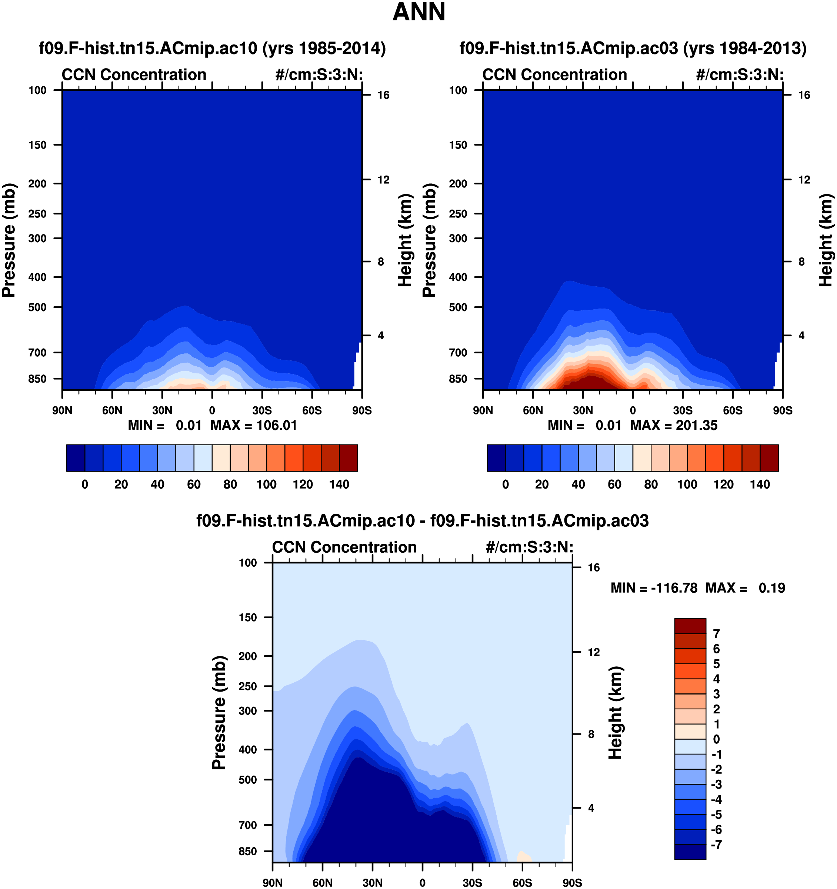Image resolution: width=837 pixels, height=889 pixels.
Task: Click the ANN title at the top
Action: point(418,13)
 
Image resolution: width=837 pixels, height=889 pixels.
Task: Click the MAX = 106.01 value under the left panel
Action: point(254,425)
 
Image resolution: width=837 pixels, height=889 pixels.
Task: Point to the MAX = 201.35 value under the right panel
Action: point(673,425)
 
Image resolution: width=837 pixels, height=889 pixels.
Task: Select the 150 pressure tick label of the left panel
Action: point(37,145)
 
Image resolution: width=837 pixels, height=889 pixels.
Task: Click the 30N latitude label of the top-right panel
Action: point(583,410)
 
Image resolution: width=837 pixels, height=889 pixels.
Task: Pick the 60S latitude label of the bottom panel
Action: point(522,883)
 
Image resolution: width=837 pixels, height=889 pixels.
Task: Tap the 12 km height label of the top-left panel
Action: point(383,180)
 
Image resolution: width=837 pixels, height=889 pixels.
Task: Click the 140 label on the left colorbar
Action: point(339,484)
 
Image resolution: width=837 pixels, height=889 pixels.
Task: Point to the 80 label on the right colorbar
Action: point(651,484)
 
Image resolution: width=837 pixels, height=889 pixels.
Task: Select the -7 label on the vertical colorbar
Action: point(716,844)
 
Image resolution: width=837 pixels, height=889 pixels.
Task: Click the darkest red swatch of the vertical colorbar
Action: point(690,626)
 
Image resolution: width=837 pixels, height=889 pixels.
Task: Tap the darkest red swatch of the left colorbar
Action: point(348,457)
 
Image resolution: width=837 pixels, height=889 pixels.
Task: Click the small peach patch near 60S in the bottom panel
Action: point(524,857)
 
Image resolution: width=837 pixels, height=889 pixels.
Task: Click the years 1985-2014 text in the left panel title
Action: point(324,48)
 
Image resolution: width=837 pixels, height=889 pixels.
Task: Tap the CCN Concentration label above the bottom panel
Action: point(344,547)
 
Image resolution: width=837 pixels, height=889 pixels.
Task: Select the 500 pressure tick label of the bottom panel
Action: point(248,779)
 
